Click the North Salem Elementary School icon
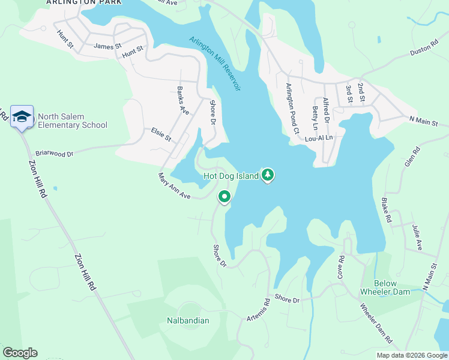(x=22, y=116)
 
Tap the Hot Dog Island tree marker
(x=268, y=175)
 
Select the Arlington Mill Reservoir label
(x=215, y=64)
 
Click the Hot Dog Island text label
(x=231, y=176)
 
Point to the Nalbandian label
(x=188, y=320)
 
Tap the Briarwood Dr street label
(x=54, y=154)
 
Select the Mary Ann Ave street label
(x=173, y=186)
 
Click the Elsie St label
(x=161, y=134)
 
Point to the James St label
(x=107, y=46)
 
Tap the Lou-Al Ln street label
(x=319, y=137)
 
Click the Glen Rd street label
(x=411, y=157)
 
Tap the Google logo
(x=20, y=353)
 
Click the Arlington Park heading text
(x=83, y=2)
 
